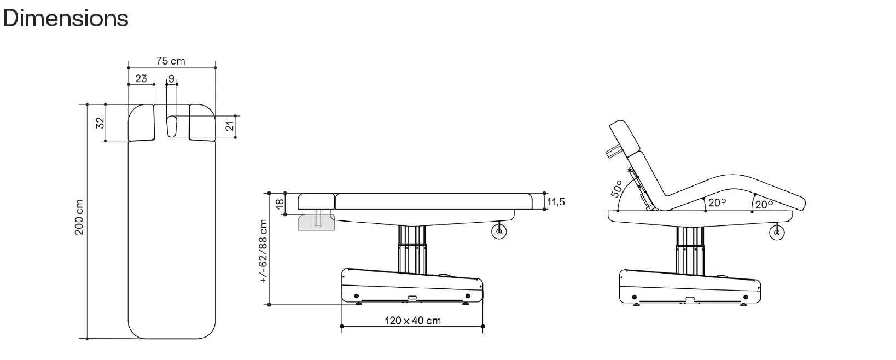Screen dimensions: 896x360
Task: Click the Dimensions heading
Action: click(66, 18)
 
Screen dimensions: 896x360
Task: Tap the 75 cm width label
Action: click(171, 61)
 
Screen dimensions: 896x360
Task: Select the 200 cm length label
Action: click(79, 217)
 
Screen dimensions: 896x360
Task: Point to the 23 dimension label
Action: click(141, 78)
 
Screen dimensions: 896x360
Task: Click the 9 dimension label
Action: click(172, 78)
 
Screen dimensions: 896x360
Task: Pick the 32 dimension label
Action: click(100, 123)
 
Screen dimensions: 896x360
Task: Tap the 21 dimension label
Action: click(230, 126)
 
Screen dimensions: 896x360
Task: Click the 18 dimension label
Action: click(280, 204)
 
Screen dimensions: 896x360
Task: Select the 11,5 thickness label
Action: click(556, 202)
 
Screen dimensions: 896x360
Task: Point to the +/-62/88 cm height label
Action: click(264, 251)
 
